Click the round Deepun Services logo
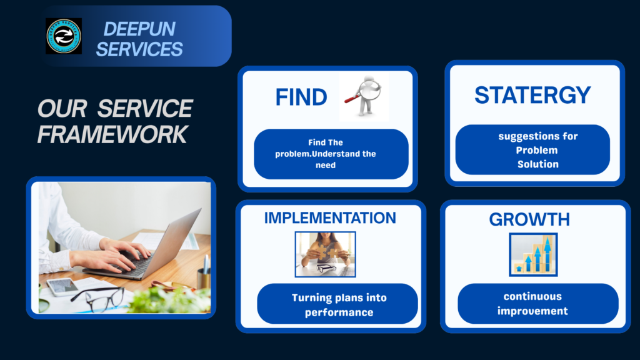click(64, 36)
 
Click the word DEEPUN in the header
click(139, 29)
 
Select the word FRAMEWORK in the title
click(112, 134)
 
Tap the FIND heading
click(301, 97)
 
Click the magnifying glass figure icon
click(364, 97)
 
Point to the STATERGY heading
click(532, 95)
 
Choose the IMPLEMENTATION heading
click(330, 218)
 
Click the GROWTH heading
click(529, 219)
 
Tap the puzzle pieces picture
click(325, 254)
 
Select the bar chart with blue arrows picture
click(533, 255)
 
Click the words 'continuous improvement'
click(532, 304)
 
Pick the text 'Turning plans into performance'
click(339, 305)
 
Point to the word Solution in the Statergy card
click(538, 164)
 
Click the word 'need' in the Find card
click(325, 165)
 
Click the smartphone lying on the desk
click(62, 286)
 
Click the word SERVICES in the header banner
click(139, 49)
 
